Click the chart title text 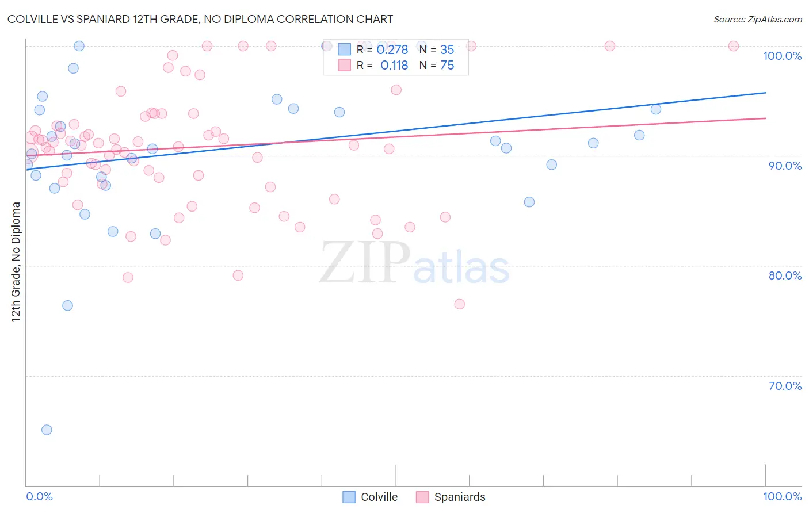(200, 19)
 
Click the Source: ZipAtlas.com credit (757, 19)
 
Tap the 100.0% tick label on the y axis (782, 56)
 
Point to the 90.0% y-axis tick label (785, 166)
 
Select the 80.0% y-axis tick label (785, 275)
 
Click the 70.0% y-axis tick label (785, 386)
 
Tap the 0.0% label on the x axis (39, 496)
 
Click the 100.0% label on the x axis (782, 496)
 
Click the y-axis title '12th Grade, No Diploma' (16, 262)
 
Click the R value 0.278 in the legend (392, 50)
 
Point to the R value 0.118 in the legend (394, 66)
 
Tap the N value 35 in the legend (447, 50)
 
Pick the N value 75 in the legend (447, 66)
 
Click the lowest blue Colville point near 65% (47, 430)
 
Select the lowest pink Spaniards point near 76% (459, 304)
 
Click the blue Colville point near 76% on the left (67, 305)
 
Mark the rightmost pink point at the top (734, 46)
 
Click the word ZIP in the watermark (364, 263)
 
